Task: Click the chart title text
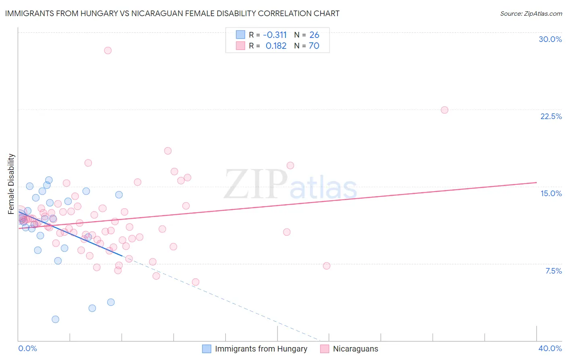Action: click(172, 14)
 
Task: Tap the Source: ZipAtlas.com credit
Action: click(531, 14)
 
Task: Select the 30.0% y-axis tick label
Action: click(550, 39)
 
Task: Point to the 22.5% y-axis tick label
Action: click(551, 116)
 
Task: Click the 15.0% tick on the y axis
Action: click(551, 193)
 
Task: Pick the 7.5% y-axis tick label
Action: click(553, 271)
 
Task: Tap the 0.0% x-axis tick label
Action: click(28, 348)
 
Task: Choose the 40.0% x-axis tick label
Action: click(550, 348)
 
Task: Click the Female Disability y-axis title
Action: click(11, 184)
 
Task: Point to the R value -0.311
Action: click(275, 35)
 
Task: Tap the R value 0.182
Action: click(276, 46)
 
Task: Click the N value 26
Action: click(314, 35)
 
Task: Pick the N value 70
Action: click(314, 46)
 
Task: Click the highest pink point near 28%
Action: click(108, 50)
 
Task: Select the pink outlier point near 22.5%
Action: click(444, 110)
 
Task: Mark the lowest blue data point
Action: click(55, 319)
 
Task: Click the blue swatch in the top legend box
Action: click(241, 35)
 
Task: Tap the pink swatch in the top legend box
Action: click(241, 46)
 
